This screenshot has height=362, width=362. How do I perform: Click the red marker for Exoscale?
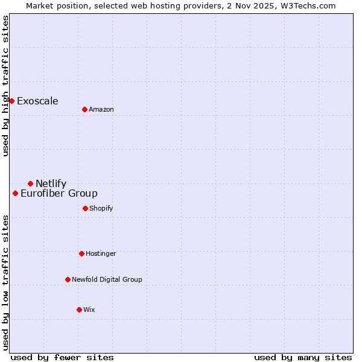11,101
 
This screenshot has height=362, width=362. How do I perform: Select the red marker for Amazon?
84,109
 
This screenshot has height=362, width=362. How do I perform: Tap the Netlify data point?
30,183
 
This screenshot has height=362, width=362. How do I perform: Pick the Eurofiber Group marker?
15,193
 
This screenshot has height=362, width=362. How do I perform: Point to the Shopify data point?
85,208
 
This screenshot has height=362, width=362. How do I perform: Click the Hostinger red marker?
81,253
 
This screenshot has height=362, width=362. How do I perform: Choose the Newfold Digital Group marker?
68,279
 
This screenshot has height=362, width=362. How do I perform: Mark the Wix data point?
79,310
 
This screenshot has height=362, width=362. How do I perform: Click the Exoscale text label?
37,101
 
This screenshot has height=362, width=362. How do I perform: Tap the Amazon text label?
101,109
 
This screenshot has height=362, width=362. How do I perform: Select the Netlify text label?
51,183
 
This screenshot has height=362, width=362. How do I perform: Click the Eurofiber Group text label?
59,193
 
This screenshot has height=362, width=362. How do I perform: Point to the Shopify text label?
101,208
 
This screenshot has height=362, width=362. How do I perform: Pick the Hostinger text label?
101,253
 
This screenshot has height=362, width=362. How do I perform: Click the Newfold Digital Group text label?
107,279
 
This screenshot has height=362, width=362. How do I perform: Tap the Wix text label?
89,310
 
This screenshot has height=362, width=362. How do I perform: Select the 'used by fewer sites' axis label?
62,357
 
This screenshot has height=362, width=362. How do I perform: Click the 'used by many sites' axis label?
303,357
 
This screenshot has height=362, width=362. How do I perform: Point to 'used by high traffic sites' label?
5,86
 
